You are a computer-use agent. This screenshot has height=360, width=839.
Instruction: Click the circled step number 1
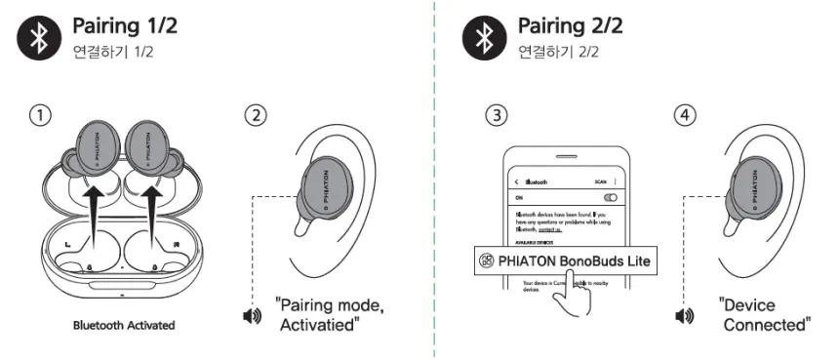(39, 115)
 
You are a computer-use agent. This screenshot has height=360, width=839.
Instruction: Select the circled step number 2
(255, 115)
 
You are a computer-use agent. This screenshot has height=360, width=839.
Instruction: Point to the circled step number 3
(498, 115)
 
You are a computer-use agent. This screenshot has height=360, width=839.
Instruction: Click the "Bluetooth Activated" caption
(123, 324)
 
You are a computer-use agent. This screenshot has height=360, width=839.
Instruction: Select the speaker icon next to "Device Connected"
(686, 315)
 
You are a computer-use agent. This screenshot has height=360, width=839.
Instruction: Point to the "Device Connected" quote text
(764, 314)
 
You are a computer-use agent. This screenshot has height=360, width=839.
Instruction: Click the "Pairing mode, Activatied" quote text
(329, 315)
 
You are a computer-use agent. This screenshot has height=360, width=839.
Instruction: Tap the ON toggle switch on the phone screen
(611, 197)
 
